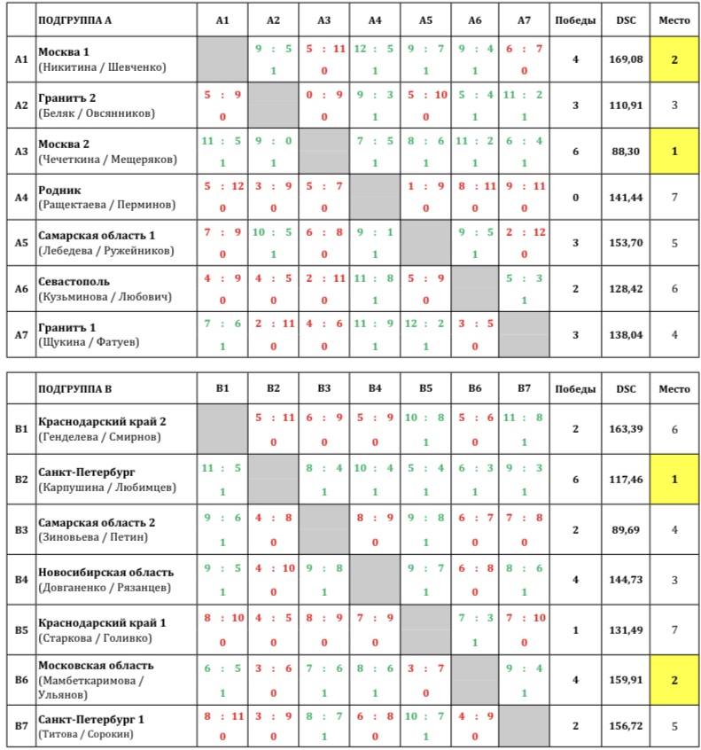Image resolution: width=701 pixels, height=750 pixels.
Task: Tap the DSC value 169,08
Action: coord(626,60)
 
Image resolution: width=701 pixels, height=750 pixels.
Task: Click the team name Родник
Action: coord(59,190)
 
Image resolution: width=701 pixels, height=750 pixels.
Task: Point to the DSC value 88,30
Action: coord(626,152)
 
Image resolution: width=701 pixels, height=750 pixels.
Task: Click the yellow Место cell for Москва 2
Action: coord(674,152)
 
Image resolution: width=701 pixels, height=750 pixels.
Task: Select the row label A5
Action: coord(21,243)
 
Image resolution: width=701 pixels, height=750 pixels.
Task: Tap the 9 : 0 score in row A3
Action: coord(274,139)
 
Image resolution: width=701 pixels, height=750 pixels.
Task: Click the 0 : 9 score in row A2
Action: coord(324,94)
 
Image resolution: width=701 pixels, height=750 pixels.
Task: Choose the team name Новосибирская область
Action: coord(106,572)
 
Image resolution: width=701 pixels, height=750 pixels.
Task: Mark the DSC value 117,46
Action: coord(626,480)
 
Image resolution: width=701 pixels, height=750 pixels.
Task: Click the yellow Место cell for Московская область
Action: coord(674,681)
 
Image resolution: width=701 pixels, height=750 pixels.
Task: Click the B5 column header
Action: coord(425,387)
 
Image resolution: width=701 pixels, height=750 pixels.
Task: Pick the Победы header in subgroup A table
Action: coord(575,19)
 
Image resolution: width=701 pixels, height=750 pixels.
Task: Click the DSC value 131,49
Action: coord(626,630)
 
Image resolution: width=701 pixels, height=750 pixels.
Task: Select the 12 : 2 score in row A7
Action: coord(425,324)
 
